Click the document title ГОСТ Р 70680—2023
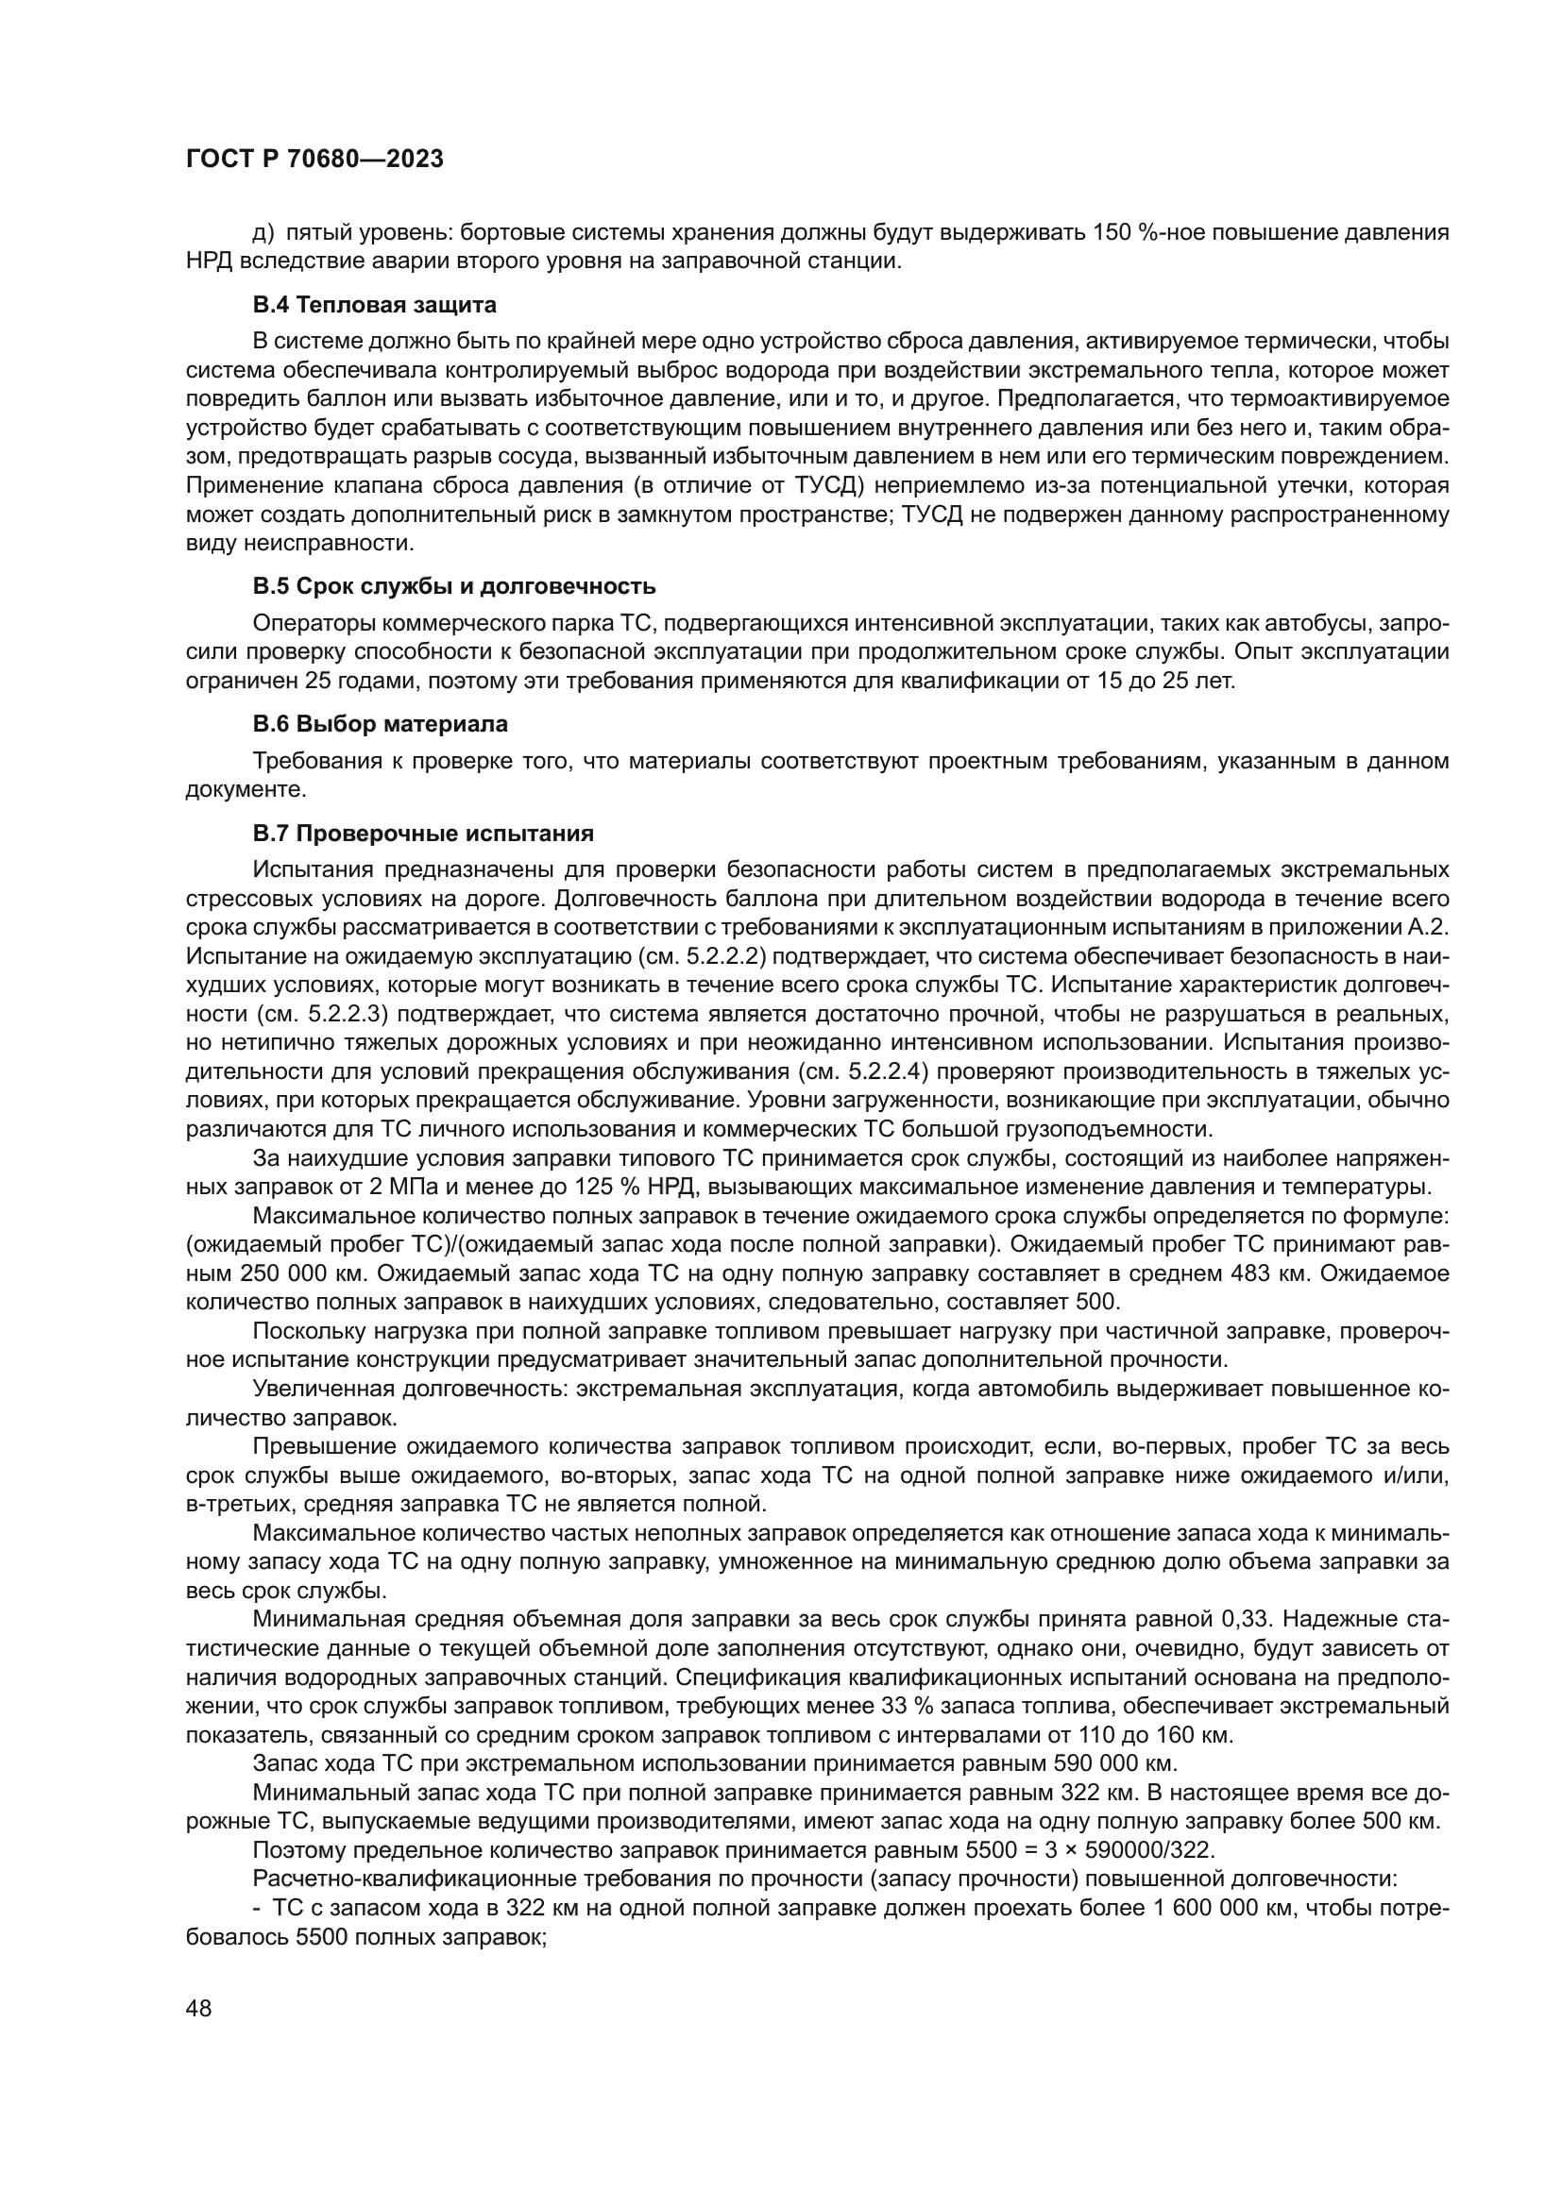(314, 160)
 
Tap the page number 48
(198, 2009)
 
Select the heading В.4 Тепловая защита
(374, 306)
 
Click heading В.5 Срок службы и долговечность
(454, 586)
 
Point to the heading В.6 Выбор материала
(380, 723)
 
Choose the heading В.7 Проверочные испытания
(423, 833)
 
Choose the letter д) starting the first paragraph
(263, 234)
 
